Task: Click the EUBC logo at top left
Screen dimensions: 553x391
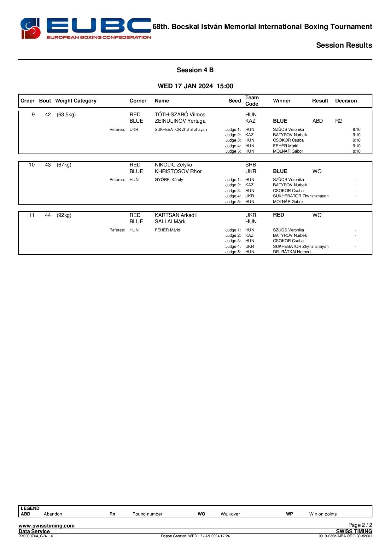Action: click(x=85, y=28)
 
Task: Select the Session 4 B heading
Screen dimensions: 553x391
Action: click(x=195, y=70)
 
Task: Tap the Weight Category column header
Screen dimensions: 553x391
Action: click(x=76, y=101)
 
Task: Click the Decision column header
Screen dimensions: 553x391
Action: click(x=346, y=101)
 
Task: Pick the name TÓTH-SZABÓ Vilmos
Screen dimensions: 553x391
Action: click(x=180, y=115)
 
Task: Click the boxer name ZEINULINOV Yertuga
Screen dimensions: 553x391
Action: click(x=180, y=121)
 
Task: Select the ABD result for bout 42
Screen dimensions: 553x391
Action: click(x=317, y=121)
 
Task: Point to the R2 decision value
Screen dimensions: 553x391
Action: click(x=338, y=121)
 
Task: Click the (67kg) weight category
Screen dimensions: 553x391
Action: click(x=64, y=165)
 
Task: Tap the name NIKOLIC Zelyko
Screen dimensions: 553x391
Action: click(x=173, y=165)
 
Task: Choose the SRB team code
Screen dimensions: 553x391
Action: click(x=251, y=165)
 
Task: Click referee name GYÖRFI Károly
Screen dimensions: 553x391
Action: click(x=169, y=180)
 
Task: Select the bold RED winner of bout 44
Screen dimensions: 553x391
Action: click(x=278, y=215)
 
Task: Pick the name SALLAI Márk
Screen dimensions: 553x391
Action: click(x=170, y=222)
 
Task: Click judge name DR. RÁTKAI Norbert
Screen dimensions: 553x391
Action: click(x=292, y=252)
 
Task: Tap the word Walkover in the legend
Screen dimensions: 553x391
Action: click(x=230, y=514)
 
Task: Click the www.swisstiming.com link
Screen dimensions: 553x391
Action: click(x=47, y=526)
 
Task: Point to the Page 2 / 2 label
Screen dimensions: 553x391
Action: click(x=360, y=525)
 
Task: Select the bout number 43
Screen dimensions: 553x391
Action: click(x=48, y=165)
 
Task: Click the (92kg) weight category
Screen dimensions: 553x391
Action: click(x=64, y=215)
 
